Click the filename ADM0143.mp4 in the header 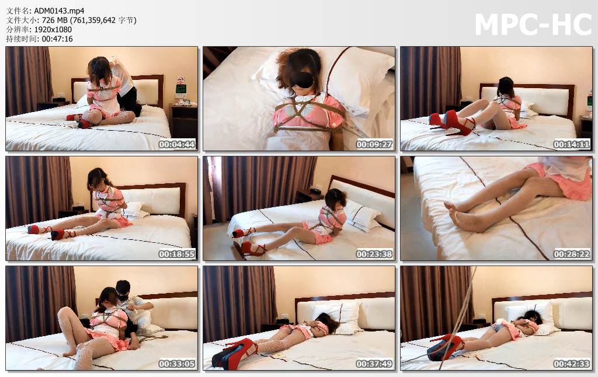tap(59, 11)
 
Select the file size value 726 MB tap(51, 20)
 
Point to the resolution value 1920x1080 tap(53, 29)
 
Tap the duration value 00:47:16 tap(57, 39)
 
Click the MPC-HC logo tap(533, 25)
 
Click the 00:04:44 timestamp tap(177, 145)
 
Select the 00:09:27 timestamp tap(374, 145)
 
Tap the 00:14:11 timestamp tap(572, 145)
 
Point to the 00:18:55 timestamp tap(177, 254)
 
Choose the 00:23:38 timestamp tap(374, 254)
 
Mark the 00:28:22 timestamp tap(572, 254)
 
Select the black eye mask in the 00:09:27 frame tap(301, 80)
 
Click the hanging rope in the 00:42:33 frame tap(459, 316)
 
